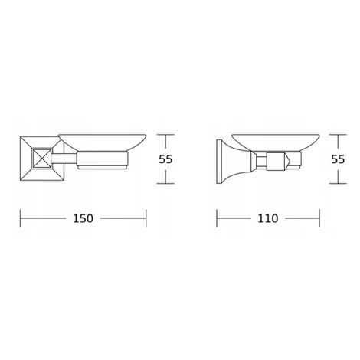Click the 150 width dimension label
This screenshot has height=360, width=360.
click(83, 218)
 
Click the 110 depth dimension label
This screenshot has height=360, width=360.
click(268, 218)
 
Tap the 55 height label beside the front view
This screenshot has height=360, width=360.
click(165, 159)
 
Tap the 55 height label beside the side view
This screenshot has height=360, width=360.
click(338, 159)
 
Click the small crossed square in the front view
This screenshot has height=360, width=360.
click(42, 158)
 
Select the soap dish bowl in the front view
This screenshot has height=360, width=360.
click(103, 142)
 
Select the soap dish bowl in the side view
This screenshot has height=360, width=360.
click(276, 142)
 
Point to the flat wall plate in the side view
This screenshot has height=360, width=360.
click(218, 162)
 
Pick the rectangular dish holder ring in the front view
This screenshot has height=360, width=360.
click(102, 159)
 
